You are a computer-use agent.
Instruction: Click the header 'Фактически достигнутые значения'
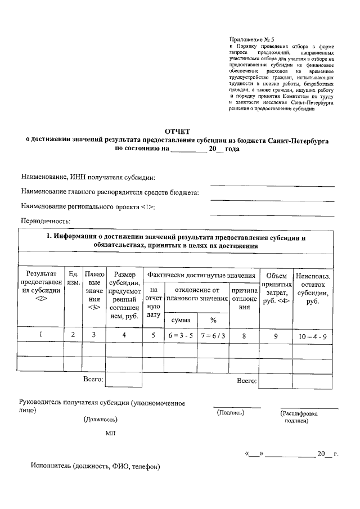pos(201,276)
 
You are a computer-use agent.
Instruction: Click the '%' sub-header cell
pos(214,319)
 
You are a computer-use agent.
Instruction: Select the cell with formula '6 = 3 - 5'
pos(180,335)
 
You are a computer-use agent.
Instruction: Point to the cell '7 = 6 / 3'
pos(213,335)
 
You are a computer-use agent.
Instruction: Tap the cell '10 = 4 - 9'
pos(313,336)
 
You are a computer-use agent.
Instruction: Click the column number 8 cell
pos(244,335)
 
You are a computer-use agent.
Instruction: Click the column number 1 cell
pos(41,335)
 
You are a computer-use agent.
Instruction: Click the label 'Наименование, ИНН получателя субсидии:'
pos(88,178)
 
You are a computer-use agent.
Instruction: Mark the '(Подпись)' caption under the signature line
pos(231,412)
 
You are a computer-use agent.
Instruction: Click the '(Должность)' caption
pos(101,420)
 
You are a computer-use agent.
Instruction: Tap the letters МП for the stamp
pos(110,434)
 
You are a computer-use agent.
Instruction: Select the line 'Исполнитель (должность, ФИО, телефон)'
pos(96,466)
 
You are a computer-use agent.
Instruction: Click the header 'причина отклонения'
pos(244,298)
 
